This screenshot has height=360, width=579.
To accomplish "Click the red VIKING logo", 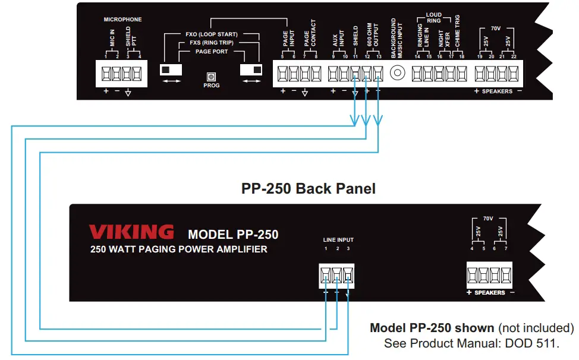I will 131,232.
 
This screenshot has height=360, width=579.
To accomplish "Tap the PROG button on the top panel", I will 211,77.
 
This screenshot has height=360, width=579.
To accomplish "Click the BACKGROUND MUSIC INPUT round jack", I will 398,73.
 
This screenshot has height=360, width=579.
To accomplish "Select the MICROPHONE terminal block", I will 121,74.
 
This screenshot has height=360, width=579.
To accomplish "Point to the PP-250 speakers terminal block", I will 490,275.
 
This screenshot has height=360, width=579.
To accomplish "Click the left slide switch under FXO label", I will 172,70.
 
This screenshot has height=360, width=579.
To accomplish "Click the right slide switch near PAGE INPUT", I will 250,70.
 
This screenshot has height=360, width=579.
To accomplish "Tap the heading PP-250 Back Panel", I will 309,188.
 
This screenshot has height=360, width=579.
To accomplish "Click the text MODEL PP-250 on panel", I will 233,234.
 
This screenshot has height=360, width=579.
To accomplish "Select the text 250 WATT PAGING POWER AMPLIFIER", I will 178,250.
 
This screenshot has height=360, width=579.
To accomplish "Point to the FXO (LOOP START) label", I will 212,34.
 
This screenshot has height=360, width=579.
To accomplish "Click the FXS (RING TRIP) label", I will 212,43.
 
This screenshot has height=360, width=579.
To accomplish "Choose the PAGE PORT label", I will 212,52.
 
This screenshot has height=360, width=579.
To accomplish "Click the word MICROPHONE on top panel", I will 123,20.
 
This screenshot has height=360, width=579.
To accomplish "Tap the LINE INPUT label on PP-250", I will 338,240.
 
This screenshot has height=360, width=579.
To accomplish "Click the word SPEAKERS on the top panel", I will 497,91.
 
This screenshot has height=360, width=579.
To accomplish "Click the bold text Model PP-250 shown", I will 432,328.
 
